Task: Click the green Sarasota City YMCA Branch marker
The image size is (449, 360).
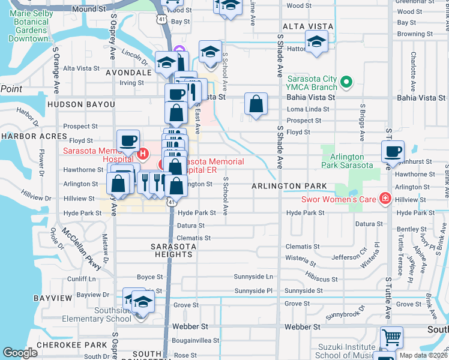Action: click(x=346, y=82)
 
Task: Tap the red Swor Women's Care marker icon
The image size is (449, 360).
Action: click(x=384, y=199)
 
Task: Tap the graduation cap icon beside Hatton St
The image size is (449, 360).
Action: click(x=316, y=42)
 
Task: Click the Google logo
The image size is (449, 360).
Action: click(x=20, y=352)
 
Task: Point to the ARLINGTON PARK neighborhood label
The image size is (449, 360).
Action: click(x=289, y=187)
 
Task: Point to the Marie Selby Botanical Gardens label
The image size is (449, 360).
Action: click(x=37, y=26)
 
